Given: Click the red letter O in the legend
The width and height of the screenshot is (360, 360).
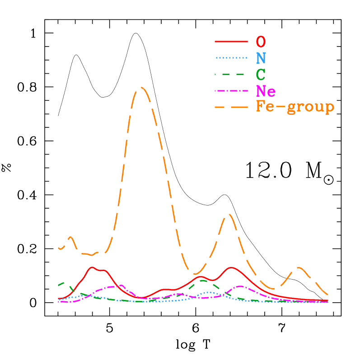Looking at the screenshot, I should click(x=261, y=42).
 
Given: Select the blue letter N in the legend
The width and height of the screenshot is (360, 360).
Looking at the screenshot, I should click(x=261, y=58).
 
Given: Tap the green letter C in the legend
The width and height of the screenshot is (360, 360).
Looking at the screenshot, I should click(x=261, y=74).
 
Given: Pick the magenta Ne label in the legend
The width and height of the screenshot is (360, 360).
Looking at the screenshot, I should click(x=266, y=91).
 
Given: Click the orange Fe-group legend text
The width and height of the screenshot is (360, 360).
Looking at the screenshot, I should click(x=295, y=107).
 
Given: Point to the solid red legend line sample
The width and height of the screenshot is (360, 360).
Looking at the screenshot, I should click(x=231, y=42).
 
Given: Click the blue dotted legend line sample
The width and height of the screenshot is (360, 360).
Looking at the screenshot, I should click(x=231, y=58).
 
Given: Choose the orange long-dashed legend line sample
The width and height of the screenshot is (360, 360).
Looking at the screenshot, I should click(x=231, y=107).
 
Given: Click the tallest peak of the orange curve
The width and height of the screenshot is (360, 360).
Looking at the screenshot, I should click(x=141, y=87).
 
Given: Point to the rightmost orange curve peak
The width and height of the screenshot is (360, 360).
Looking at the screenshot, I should click(x=298, y=267).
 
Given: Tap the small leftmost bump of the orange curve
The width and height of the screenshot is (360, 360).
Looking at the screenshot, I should click(x=70, y=237).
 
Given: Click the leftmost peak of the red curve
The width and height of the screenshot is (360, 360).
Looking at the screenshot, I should click(x=93, y=267).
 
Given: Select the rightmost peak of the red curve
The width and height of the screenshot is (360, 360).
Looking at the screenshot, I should click(x=231, y=267).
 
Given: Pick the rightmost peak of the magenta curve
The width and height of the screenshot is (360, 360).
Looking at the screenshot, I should click(x=240, y=286).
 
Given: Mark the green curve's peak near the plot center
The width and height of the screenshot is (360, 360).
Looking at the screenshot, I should click(x=203, y=280).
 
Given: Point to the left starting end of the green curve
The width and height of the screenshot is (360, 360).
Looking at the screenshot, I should click(x=59, y=285).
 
